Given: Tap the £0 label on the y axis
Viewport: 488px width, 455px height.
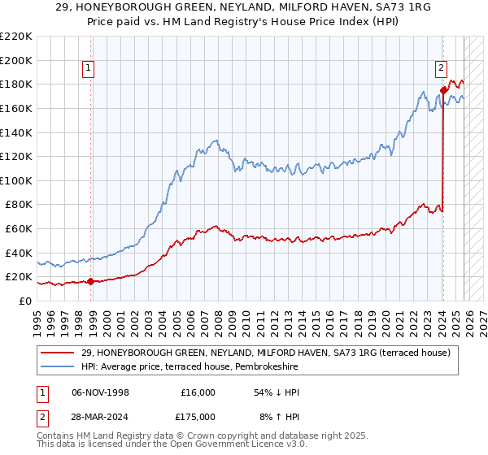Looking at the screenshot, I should pos(25,301).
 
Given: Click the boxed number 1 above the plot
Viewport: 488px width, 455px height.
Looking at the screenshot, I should pos(88,69).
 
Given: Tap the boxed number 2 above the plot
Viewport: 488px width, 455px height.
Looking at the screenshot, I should pos(441,69).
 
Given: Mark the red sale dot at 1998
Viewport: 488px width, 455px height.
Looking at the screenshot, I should pos(90,282).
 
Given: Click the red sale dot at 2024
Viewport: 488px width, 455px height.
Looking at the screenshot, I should pos(443,90).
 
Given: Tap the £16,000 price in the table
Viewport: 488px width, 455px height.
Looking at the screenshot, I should pos(198,392).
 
